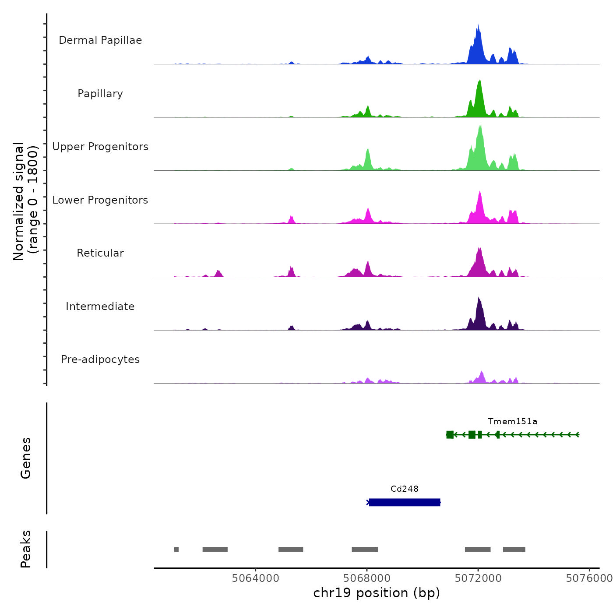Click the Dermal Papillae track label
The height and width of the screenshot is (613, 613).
(x=100, y=40)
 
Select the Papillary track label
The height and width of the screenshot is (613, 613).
(x=100, y=94)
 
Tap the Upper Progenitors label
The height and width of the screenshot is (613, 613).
(x=100, y=147)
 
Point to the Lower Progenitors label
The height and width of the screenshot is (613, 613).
(x=100, y=200)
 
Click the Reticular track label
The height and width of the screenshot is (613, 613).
(x=100, y=253)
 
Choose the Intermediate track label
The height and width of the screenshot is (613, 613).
(x=100, y=306)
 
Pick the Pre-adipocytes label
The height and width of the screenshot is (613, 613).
(x=100, y=359)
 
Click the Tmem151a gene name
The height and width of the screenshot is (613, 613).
(x=513, y=422)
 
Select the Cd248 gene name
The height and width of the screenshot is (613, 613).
(x=405, y=489)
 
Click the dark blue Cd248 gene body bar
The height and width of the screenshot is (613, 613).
(x=405, y=502)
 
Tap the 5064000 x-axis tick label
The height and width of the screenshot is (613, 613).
(x=256, y=578)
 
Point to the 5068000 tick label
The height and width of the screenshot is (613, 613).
(x=367, y=578)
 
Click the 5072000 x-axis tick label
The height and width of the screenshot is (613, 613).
(x=478, y=578)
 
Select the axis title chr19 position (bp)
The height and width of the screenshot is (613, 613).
(x=377, y=593)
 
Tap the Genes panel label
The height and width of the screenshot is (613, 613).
(x=26, y=458)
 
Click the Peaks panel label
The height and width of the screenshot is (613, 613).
(x=26, y=549)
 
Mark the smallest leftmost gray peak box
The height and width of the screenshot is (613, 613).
(x=176, y=550)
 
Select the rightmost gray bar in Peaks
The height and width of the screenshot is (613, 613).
(x=514, y=550)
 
